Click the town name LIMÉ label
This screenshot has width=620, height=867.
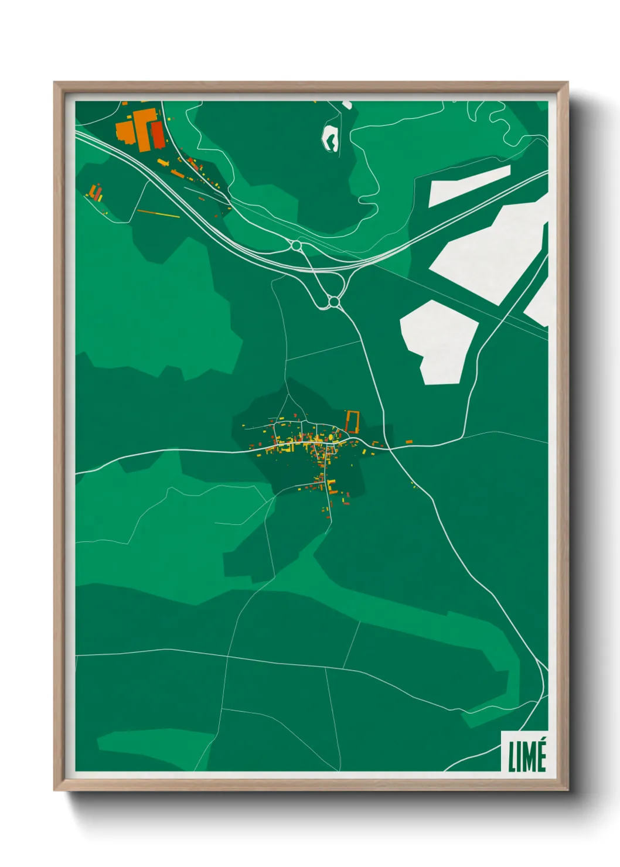click(527, 756)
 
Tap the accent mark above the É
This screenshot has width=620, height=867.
click(542, 742)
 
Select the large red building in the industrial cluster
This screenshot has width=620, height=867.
click(158, 134)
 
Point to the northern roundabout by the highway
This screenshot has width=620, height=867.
click(296, 245)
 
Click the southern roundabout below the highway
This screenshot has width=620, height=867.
click(334, 302)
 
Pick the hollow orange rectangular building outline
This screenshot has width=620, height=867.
click(352, 421)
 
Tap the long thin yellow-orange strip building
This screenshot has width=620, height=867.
click(158, 214)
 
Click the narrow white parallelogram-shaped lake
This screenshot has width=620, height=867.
click(469, 185)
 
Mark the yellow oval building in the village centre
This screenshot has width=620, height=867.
click(332, 436)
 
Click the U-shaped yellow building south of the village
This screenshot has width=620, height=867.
click(331, 486)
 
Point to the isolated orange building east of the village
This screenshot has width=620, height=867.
click(409, 441)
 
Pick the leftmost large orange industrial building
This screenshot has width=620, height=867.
click(125, 131)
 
